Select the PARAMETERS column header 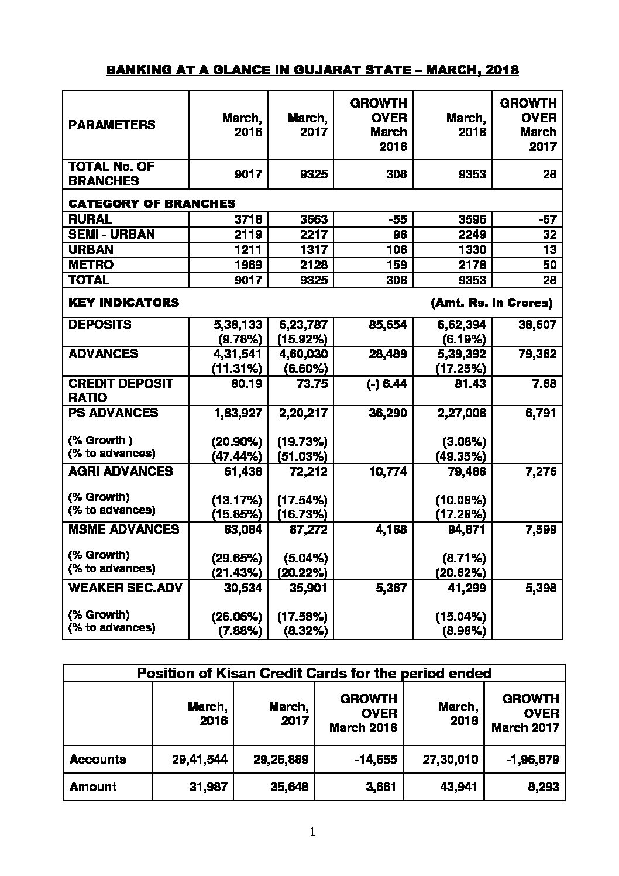[x=112, y=125]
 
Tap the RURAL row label [x=90, y=219]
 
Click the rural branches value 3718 [x=249, y=220]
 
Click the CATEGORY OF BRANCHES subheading [x=152, y=204]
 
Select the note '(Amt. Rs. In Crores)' [x=491, y=303]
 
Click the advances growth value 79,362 [x=537, y=354]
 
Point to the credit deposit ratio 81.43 [x=470, y=384]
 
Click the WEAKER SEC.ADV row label [x=125, y=588]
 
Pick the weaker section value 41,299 [x=466, y=588]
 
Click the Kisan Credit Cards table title [x=314, y=674]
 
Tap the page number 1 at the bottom [x=312, y=832]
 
